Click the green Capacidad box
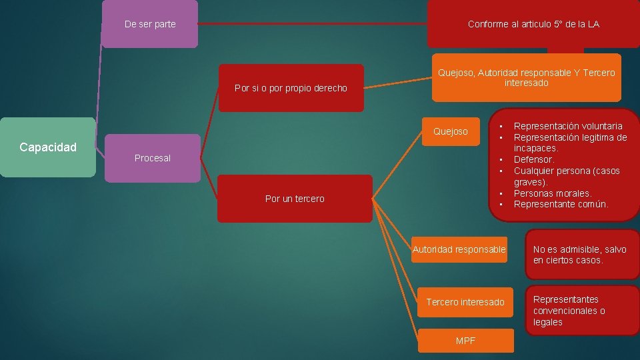coord(48,147)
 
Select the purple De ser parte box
coord(150,24)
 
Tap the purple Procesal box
coord(153,158)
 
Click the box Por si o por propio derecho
coord(291,88)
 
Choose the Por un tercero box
coord(295,199)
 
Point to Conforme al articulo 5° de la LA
coord(533,24)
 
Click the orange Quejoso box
coord(451,131)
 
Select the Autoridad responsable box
coord(459,249)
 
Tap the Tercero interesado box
coord(465,302)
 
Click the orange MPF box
coord(466,341)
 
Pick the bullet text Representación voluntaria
coord(568,126)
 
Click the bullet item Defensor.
coord(534,159)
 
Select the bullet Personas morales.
coord(553,193)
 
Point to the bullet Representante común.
coord(561,204)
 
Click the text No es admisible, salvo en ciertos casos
coord(580,255)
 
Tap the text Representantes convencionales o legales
coord(569,311)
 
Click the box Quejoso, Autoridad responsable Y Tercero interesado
coord(526,78)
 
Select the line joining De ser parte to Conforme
coord(313,24)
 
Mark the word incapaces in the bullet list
coord(535,148)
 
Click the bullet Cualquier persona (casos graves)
coord(566,171)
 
